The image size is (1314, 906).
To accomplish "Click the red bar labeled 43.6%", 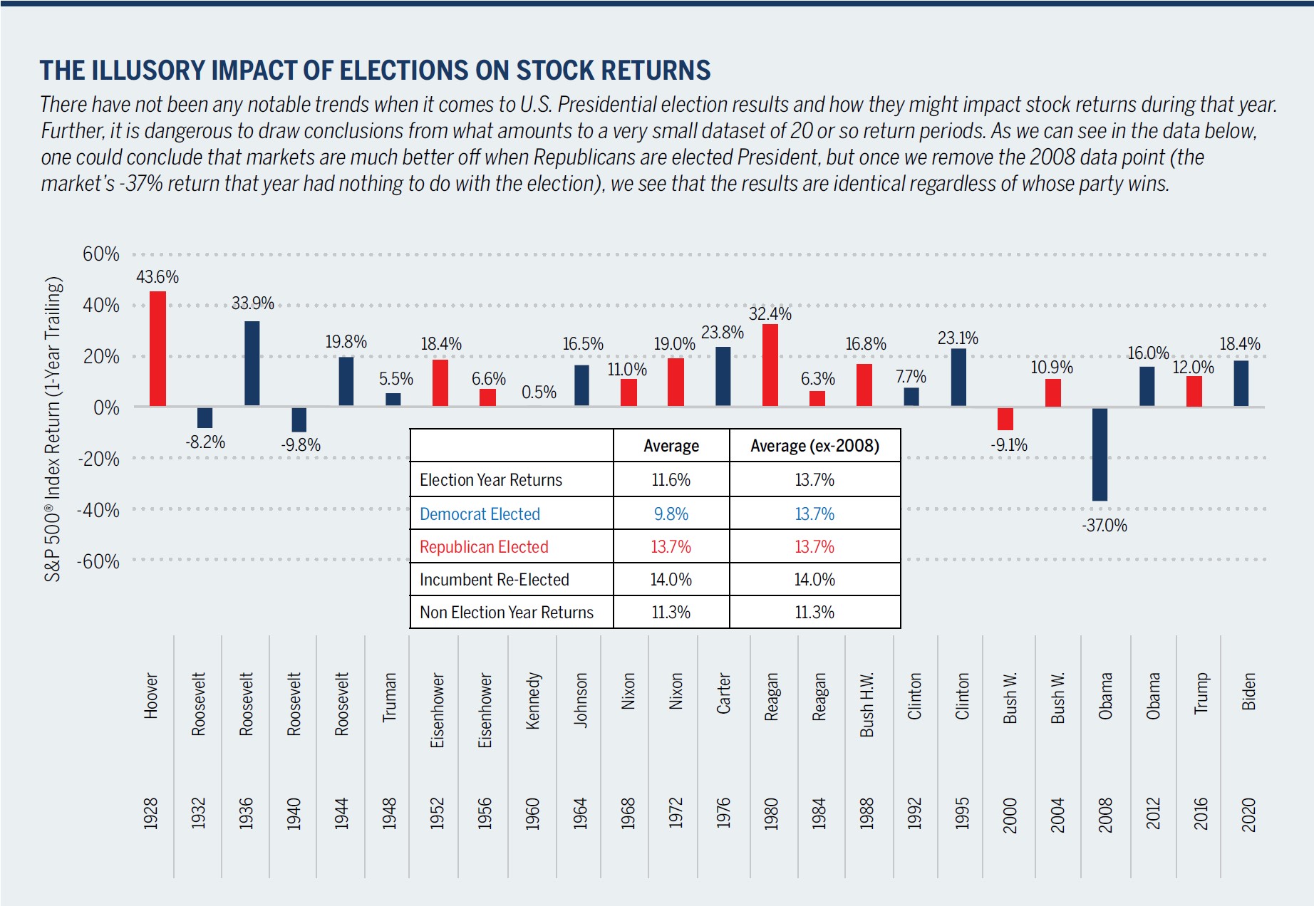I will click(x=157, y=348).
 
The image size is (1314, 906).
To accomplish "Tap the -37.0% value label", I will click(x=1105, y=526).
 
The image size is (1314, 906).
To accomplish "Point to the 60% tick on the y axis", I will click(x=101, y=254).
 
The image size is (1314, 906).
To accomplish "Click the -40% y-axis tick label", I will click(x=98, y=510).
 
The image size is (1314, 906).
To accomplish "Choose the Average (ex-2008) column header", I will click(x=814, y=446).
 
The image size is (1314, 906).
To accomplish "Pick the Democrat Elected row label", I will click(x=480, y=514).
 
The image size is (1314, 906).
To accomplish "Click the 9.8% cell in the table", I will click(x=671, y=514).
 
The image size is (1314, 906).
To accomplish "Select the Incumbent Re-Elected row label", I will click(x=494, y=580).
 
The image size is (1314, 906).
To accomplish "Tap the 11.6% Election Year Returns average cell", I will click(x=671, y=480).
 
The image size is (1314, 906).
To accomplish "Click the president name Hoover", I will click(x=151, y=695).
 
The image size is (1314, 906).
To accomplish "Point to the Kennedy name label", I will click(x=532, y=701).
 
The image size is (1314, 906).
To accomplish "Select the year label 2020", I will click(x=1248, y=814).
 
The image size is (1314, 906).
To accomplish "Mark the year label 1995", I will click(x=962, y=814).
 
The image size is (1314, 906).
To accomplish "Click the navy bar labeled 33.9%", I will click(x=252, y=363).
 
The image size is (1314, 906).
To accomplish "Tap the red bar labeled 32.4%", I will click(x=770, y=365).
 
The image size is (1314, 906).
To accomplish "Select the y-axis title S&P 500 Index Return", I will click(x=53, y=429).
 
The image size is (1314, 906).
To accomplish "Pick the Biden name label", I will click(x=1248, y=692).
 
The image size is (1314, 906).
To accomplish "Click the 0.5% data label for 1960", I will click(x=539, y=392).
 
